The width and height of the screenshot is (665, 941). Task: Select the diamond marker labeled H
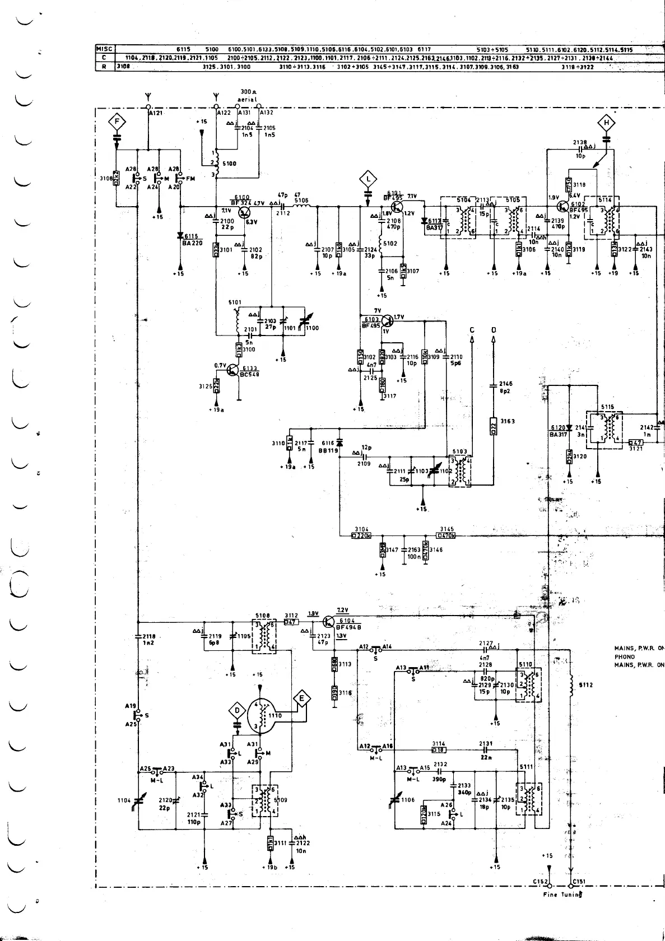pyautogui.click(x=607, y=123)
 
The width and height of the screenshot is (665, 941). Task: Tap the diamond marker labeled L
pyautogui.click(x=368, y=179)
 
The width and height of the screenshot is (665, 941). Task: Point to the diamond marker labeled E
pyautogui.click(x=302, y=698)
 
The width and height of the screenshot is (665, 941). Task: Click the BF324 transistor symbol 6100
pyautogui.click(x=245, y=212)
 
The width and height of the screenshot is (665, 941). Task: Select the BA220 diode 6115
pyautogui.click(x=180, y=236)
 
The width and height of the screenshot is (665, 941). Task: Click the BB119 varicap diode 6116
pyautogui.click(x=339, y=444)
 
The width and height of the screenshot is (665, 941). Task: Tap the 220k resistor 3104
pyautogui.click(x=362, y=535)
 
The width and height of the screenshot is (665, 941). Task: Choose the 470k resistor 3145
pyautogui.click(x=446, y=535)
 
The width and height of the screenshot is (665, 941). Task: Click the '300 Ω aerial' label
pyautogui.click(x=247, y=96)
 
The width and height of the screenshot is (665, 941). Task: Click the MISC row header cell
pyautogui.click(x=104, y=49)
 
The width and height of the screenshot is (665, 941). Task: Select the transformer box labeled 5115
pyautogui.click(x=604, y=431)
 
